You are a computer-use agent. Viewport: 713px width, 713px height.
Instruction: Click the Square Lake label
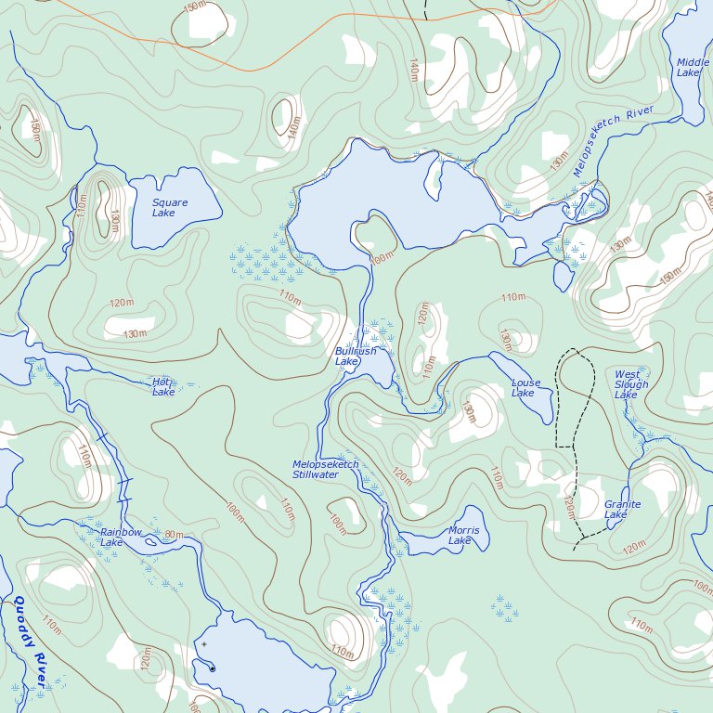tap(170, 208)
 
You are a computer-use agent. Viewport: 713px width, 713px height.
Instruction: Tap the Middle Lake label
tap(693, 68)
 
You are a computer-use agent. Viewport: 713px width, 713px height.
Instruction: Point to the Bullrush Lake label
tap(356, 356)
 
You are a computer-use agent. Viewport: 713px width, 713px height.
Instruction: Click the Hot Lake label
tap(163, 387)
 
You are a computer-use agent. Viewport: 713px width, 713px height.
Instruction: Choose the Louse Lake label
tap(525, 388)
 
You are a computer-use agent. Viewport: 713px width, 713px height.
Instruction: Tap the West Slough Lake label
tap(631, 385)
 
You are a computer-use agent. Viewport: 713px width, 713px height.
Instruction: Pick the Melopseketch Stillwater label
tap(325, 470)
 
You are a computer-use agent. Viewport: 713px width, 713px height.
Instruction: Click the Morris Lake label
tap(463, 536)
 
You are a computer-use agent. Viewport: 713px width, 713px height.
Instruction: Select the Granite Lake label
tap(621, 510)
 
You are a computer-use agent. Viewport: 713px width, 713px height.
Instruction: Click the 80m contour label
tap(174, 536)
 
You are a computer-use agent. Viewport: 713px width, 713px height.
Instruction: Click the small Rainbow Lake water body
tap(152, 542)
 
